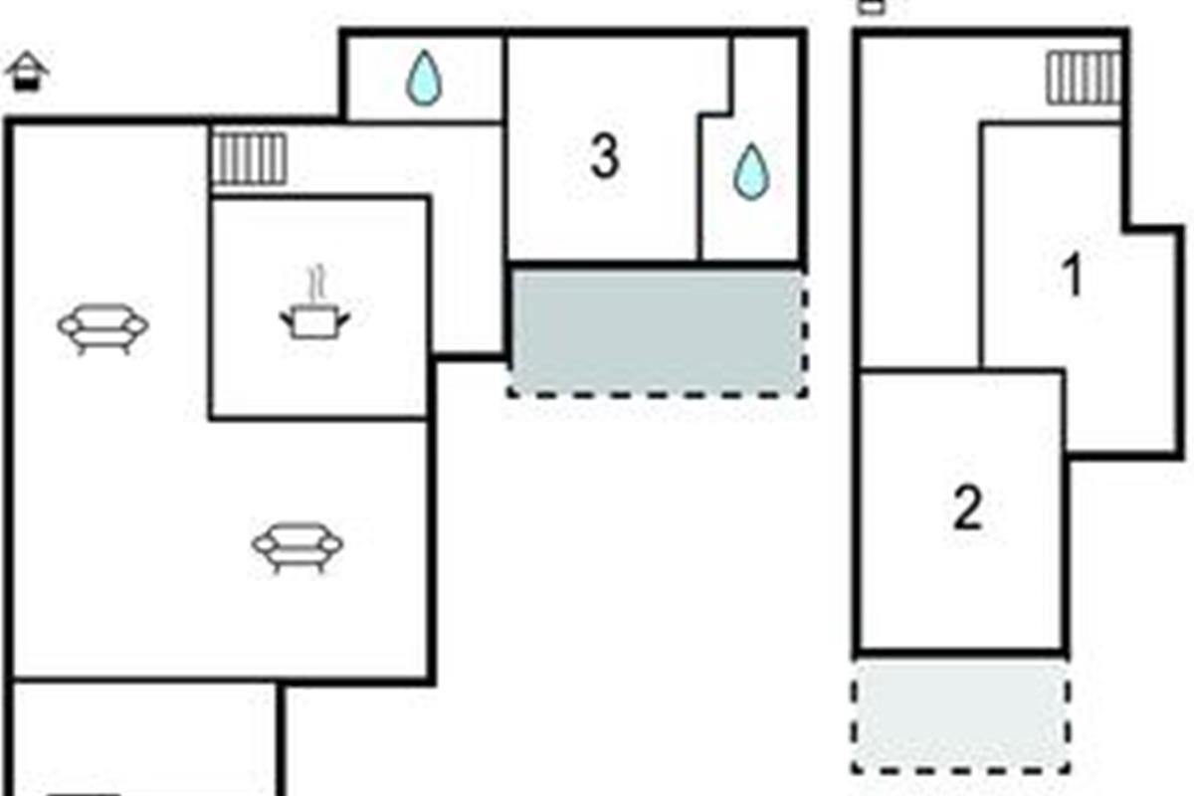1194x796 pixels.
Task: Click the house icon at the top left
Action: point(27,72)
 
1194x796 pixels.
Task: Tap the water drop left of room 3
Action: point(424,78)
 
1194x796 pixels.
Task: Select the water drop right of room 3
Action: point(751,172)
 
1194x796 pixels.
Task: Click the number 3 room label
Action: point(605,156)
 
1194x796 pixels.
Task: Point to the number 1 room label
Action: point(1072,275)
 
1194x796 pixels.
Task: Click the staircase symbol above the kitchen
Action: point(250,158)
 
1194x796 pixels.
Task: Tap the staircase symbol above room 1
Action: point(1084,78)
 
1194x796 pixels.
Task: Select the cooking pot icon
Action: point(315,321)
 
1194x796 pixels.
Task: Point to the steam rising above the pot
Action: point(316,284)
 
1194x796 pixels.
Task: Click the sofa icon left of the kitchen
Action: point(102,328)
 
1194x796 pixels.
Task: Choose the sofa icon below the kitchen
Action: point(298,547)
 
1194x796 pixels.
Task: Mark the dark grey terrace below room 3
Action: point(657,331)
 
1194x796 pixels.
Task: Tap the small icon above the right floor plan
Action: point(872,7)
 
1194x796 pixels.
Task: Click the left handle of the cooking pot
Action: point(287,320)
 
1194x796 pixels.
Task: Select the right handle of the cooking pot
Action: point(344,320)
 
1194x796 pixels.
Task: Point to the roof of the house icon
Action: point(27,63)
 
